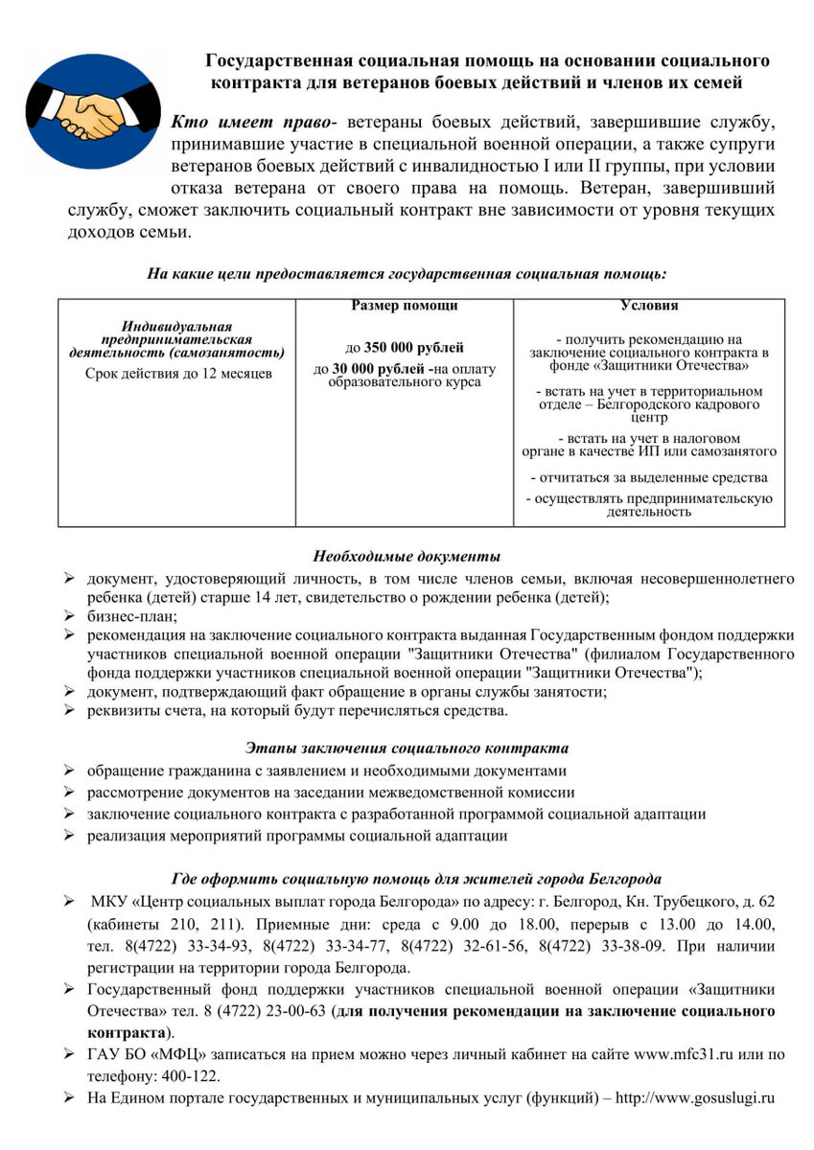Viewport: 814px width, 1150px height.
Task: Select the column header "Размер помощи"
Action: click(404, 306)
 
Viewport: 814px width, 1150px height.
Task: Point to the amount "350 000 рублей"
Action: click(413, 348)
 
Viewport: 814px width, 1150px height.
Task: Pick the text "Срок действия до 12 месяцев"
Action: click(177, 373)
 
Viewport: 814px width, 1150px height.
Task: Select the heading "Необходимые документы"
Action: click(407, 557)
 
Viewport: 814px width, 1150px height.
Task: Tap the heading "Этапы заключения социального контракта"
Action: click(407, 747)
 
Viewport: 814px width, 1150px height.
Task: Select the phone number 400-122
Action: click(193, 1075)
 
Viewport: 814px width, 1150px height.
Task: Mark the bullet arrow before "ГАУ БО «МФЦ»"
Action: click(70, 1054)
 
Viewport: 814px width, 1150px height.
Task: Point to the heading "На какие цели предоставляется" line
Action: click(407, 274)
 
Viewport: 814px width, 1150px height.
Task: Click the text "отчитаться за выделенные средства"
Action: click(649, 477)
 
